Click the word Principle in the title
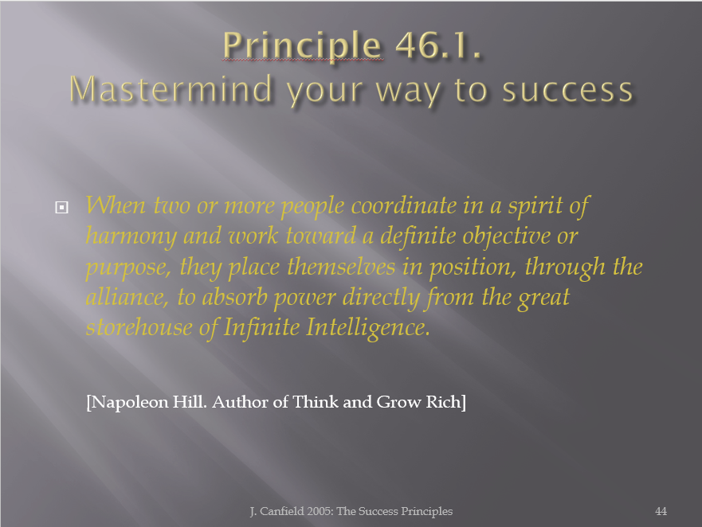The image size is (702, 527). click(302, 46)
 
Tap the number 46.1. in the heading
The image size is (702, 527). click(439, 45)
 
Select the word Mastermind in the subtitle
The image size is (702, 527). click(171, 88)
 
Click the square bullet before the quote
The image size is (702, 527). click(61, 207)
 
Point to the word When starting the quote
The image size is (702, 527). click(116, 205)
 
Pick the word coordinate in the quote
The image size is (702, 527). click(404, 206)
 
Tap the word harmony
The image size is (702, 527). click(131, 236)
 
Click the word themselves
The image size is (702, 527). click(341, 266)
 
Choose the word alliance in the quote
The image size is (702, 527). click(127, 297)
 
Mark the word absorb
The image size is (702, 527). click(234, 297)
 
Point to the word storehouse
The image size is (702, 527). click(139, 326)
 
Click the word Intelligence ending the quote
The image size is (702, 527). click(368, 327)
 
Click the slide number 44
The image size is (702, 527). click(661, 511)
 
